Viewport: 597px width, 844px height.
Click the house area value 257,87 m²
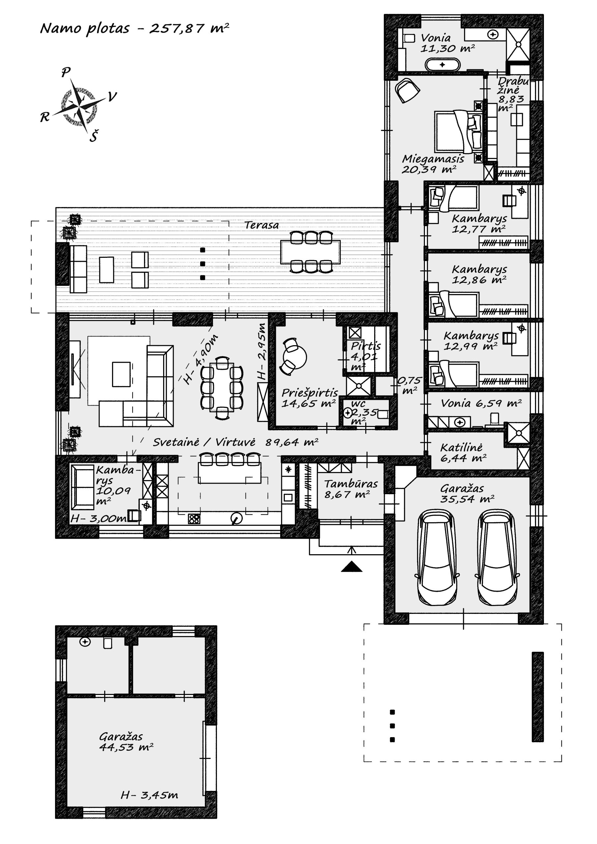(189, 28)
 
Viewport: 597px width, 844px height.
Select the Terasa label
(262, 225)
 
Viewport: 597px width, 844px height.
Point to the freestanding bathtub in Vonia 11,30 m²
(442, 65)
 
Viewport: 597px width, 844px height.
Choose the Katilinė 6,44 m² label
(463, 453)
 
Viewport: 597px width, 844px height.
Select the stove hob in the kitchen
(194, 519)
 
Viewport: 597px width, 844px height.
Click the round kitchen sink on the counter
(236, 518)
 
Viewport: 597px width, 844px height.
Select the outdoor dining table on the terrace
(310, 252)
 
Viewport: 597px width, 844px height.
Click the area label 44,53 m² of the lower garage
(126, 747)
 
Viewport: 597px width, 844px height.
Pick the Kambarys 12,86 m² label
(479, 274)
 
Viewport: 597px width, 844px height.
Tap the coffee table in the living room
(121, 374)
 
